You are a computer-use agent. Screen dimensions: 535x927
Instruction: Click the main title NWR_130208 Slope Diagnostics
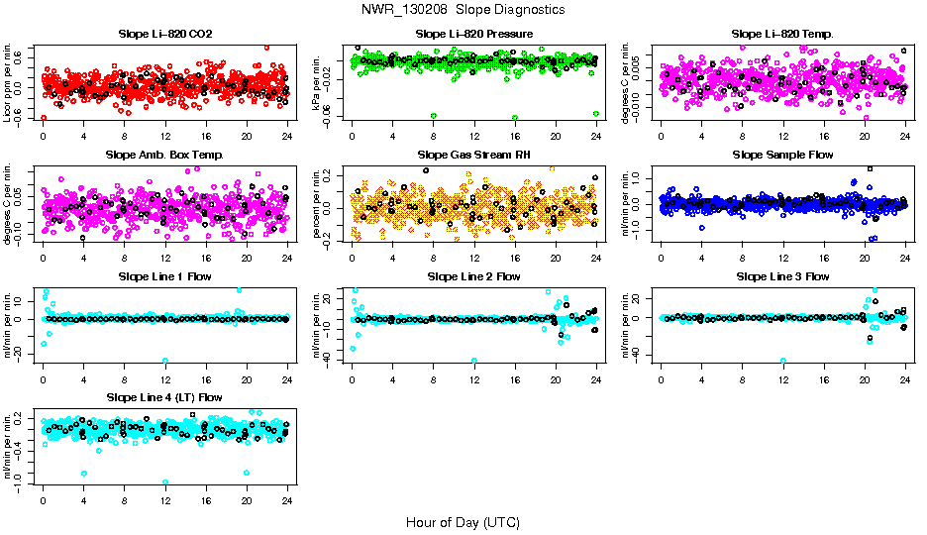tap(463, 9)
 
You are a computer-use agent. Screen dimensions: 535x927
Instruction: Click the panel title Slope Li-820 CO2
tap(165, 34)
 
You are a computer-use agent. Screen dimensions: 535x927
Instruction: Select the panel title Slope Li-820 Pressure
tap(474, 34)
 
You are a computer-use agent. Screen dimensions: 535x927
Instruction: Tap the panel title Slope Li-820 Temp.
tap(782, 34)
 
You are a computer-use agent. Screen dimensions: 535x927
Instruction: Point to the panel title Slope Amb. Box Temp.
tap(165, 155)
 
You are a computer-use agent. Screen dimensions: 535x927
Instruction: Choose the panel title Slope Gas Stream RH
tap(474, 155)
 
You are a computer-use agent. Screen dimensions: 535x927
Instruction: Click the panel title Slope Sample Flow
tap(782, 155)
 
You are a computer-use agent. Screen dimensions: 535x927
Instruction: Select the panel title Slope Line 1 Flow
tap(165, 275)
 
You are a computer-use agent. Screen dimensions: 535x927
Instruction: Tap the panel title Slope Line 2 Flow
tap(474, 275)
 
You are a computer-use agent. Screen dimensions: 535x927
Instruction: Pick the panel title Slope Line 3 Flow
tap(782, 275)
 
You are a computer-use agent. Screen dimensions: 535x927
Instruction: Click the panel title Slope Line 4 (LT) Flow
tap(165, 396)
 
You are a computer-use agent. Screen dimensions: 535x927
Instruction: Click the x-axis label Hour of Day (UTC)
tap(463, 521)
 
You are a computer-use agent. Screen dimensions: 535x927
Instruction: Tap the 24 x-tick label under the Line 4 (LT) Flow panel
tap(287, 501)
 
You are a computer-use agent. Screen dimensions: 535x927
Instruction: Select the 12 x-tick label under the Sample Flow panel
tap(783, 260)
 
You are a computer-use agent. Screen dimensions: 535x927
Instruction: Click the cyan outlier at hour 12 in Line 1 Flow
tap(165, 361)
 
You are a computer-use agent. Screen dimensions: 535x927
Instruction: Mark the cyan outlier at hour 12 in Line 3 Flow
tap(783, 361)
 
